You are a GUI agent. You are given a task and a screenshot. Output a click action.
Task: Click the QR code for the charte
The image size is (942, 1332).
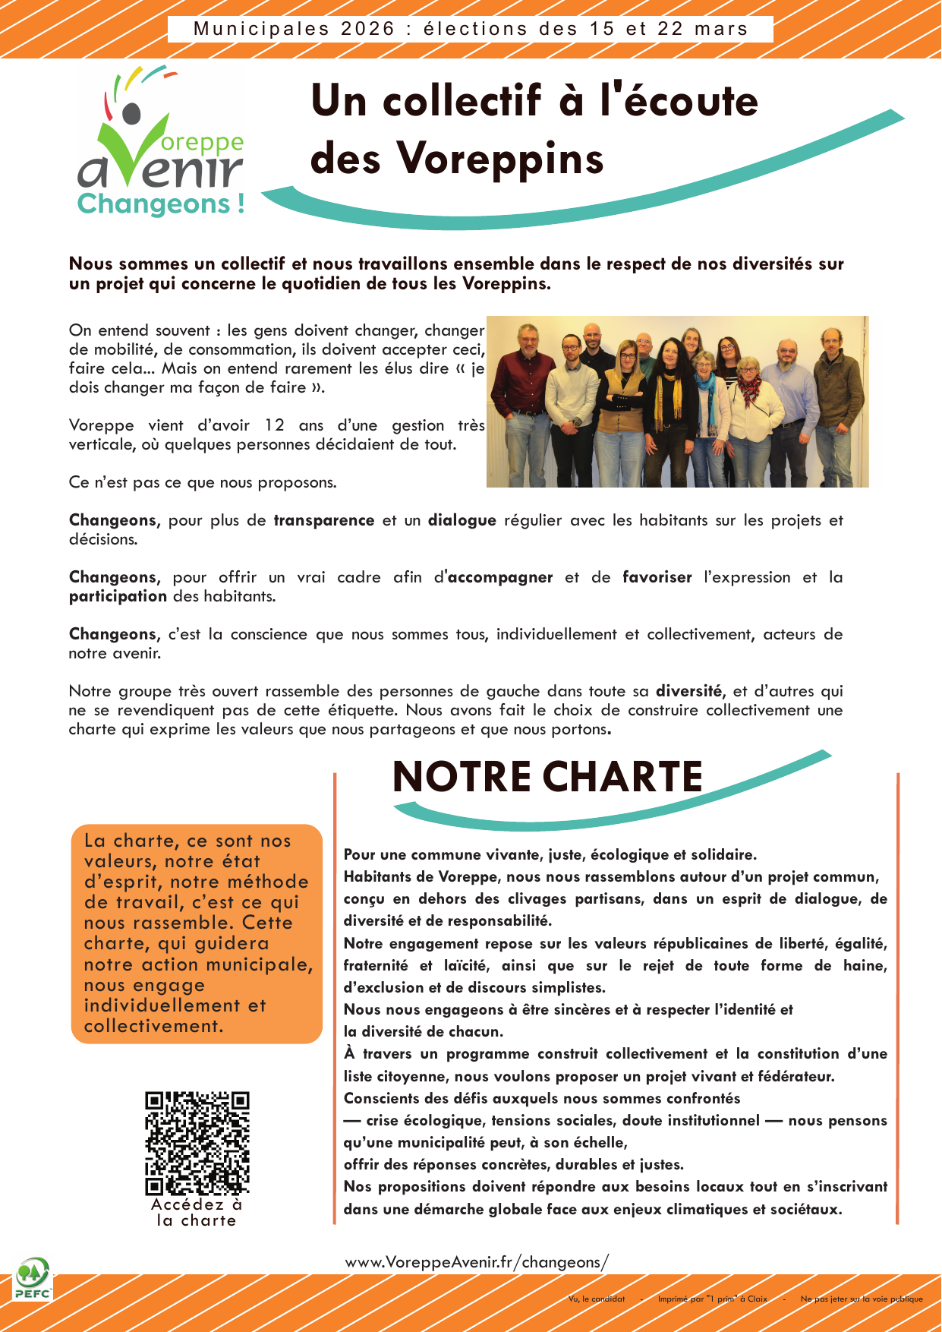tap(197, 1143)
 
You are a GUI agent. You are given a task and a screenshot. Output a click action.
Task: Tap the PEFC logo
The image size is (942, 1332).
tap(33, 1278)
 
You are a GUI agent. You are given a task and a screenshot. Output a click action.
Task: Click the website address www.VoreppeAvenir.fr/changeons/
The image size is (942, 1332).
tap(477, 1262)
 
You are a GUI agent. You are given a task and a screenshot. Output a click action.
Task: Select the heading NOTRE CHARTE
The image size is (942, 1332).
tap(547, 777)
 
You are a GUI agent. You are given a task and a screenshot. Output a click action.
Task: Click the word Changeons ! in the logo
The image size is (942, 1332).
tap(161, 204)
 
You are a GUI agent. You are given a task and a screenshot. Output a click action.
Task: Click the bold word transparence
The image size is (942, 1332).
tap(324, 521)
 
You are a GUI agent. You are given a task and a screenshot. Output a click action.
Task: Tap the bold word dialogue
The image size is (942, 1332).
tap(462, 521)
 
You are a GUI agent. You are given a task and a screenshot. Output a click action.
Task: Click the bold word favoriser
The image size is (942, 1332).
tap(657, 578)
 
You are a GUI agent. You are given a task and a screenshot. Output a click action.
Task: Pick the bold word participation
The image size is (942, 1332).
tap(118, 597)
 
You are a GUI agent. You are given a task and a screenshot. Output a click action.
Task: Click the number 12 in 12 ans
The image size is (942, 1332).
tap(274, 426)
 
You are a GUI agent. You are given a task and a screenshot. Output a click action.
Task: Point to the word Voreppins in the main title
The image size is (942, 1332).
tap(500, 159)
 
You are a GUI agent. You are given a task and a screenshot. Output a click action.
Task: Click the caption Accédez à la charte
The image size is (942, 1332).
tap(197, 1212)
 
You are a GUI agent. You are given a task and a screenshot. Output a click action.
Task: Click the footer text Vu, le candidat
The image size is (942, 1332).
tap(597, 1299)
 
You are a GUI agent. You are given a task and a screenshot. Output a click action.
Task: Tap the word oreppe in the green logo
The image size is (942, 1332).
tap(203, 143)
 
